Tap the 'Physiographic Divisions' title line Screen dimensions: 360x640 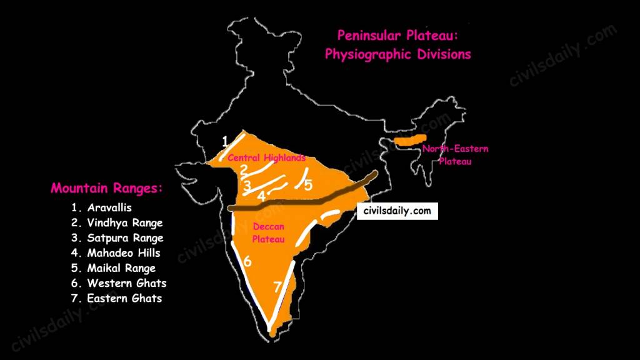point(397,54)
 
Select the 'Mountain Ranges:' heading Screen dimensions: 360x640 point(106,188)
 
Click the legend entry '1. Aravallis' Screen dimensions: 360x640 point(102,207)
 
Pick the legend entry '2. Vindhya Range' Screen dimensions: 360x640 point(117,222)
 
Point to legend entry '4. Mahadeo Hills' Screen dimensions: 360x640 point(116,253)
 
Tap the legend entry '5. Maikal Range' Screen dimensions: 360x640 point(113,268)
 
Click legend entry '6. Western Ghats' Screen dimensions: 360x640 point(119,283)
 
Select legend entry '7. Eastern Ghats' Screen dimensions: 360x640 point(116,298)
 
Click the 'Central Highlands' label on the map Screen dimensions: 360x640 point(266,158)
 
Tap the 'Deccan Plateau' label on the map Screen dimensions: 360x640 point(269,232)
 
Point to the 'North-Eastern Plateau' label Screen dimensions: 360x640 point(454,154)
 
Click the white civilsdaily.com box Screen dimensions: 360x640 point(397,211)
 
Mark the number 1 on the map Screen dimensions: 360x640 point(224,140)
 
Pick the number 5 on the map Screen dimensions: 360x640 point(308,185)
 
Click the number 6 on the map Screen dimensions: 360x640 point(247,262)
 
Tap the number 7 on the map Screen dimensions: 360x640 point(277,287)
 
